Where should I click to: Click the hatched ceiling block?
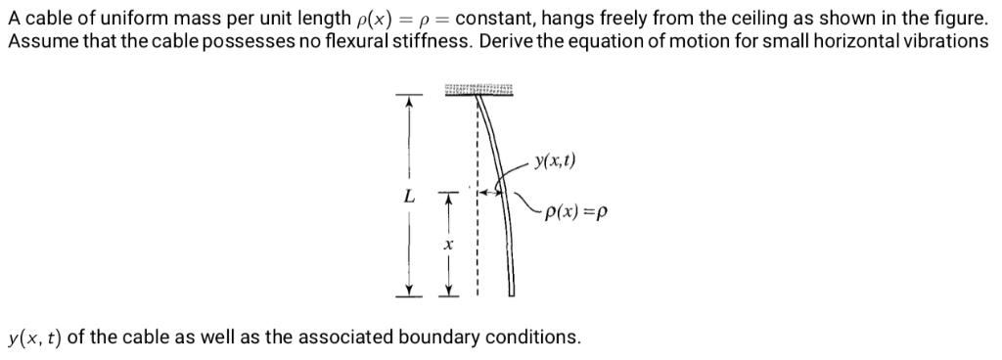pyautogui.click(x=479, y=91)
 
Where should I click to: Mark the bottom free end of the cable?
pyautogui.click(x=511, y=290)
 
